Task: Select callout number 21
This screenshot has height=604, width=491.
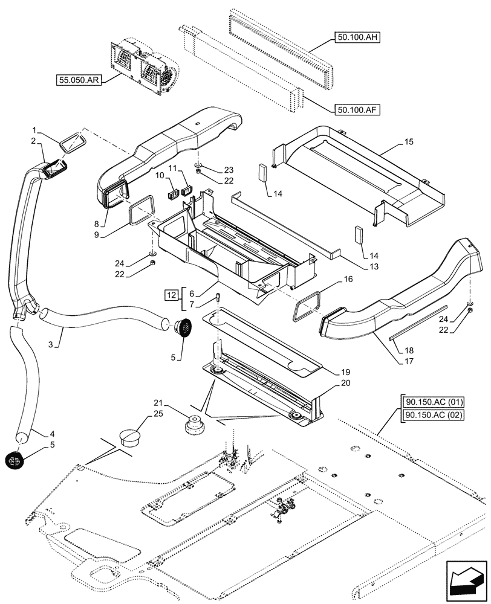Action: (x=158, y=403)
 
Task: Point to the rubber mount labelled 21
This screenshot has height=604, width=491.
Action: (x=195, y=423)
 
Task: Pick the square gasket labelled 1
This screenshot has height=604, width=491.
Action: (x=72, y=143)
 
